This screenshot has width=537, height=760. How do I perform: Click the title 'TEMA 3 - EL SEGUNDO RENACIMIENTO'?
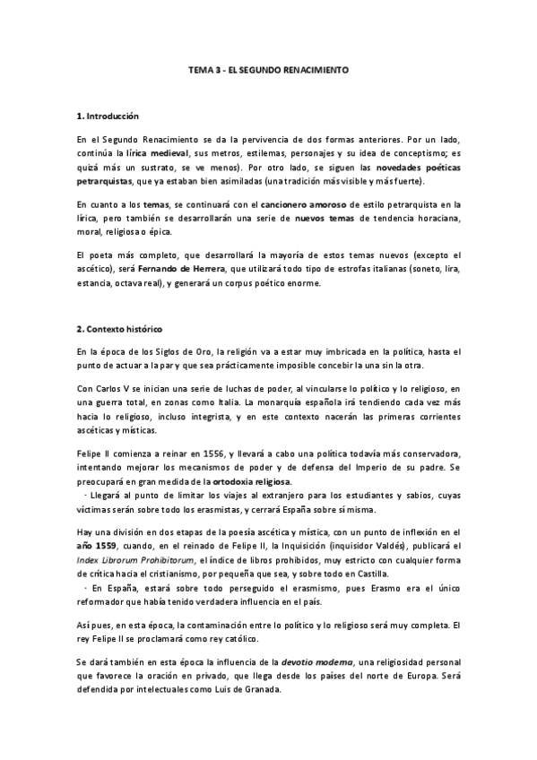[268, 69]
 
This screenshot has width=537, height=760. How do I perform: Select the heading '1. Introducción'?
[108, 117]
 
